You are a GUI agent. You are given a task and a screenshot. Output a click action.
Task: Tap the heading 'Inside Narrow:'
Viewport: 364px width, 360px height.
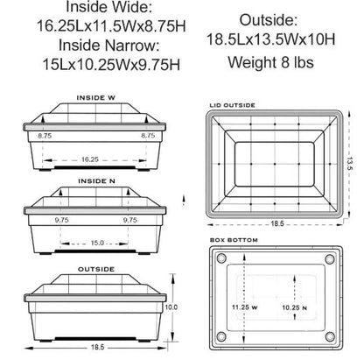[96, 46]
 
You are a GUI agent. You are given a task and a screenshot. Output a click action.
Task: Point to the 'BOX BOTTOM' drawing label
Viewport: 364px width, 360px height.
[229, 237]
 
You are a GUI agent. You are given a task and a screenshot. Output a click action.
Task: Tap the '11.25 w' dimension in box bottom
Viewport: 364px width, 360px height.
[245, 308]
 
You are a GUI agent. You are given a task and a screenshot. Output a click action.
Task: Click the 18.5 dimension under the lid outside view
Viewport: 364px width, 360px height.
[276, 224]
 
